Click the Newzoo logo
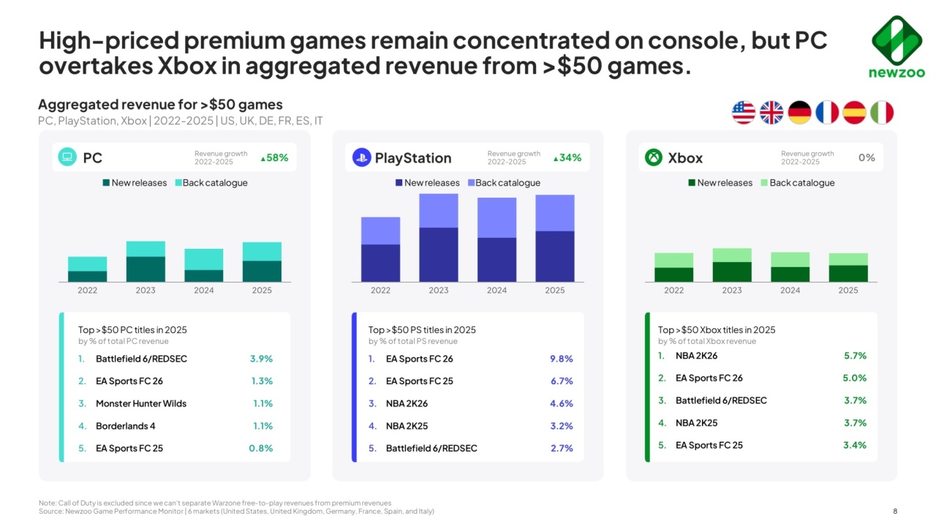[897, 47]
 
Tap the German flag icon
[799, 113]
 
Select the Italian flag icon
[882, 113]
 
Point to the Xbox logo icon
[654, 157]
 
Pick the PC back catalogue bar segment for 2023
[146, 249]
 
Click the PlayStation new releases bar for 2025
[555, 256]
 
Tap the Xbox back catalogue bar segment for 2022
[673, 261]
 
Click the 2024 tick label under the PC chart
[204, 291]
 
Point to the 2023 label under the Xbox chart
[732, 291]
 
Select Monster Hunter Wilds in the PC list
[141, 403]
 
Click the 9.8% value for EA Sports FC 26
[561, 359]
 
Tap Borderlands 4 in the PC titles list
[126, 426]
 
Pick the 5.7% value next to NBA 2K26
[855, 356]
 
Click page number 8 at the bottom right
[896, 511]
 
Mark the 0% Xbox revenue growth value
[867, 157]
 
